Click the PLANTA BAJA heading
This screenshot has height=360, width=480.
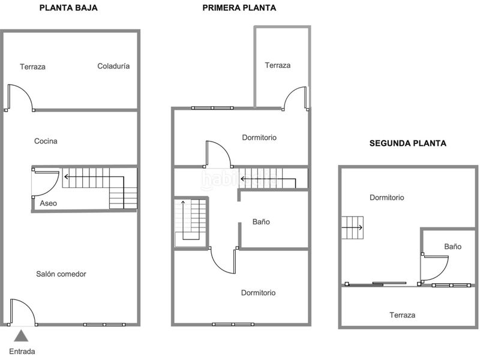click(x=68, y=8)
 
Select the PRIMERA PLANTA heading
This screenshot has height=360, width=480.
click(x=239, y=8)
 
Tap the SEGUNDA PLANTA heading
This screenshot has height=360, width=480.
click(x=407, y=143)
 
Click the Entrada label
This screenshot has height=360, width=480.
click(x=22, y=352)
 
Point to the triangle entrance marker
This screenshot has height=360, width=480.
click(x=22, y=335)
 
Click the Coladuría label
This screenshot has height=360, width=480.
click(x=113, y=67)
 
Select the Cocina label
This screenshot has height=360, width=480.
click(x=46, y=142)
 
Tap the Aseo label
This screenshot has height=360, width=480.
click(x=49, y=203)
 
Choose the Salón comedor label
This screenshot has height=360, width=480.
click(x=61, y=274)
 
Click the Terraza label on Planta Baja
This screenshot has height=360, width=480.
click(x=32, y=67)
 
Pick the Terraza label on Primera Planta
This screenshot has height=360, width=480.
click(x=278, y=65)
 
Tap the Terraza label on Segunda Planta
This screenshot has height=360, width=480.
click(x=402, y=315)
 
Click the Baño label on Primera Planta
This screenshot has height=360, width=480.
click(x=261, y=222)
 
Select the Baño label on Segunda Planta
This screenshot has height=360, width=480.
click(x=452, y=247)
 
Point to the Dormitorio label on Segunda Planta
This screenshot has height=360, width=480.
click(x=386, y=197)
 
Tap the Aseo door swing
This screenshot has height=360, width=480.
click(x=46, y=182)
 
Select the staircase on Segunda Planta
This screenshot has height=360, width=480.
click(x=352, y=227)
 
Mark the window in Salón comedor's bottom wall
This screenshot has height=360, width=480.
click(x=104, y=325)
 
